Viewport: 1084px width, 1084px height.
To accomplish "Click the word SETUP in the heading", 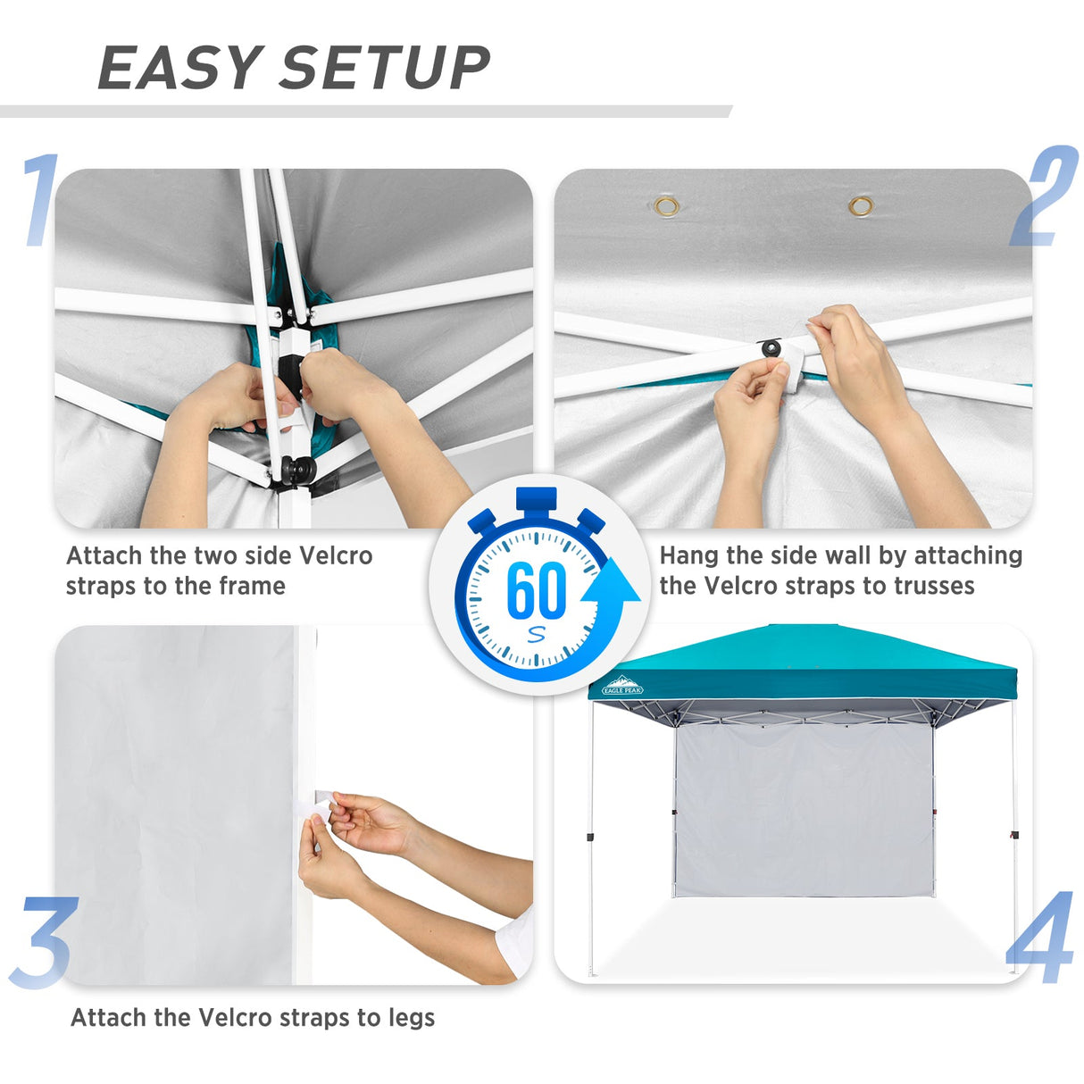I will [384, 68].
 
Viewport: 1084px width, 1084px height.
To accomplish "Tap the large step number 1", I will [39, 200].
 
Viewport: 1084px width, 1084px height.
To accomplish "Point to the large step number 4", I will [1040, 938].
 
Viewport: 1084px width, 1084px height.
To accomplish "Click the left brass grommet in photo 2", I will [666, 207].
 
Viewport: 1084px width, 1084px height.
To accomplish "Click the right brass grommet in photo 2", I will [861, 207].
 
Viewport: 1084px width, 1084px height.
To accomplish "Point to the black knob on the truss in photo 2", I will [771, 346].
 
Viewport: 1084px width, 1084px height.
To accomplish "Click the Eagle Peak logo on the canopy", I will [622, 686].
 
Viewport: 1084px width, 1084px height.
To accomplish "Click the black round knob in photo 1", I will [298, 469].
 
